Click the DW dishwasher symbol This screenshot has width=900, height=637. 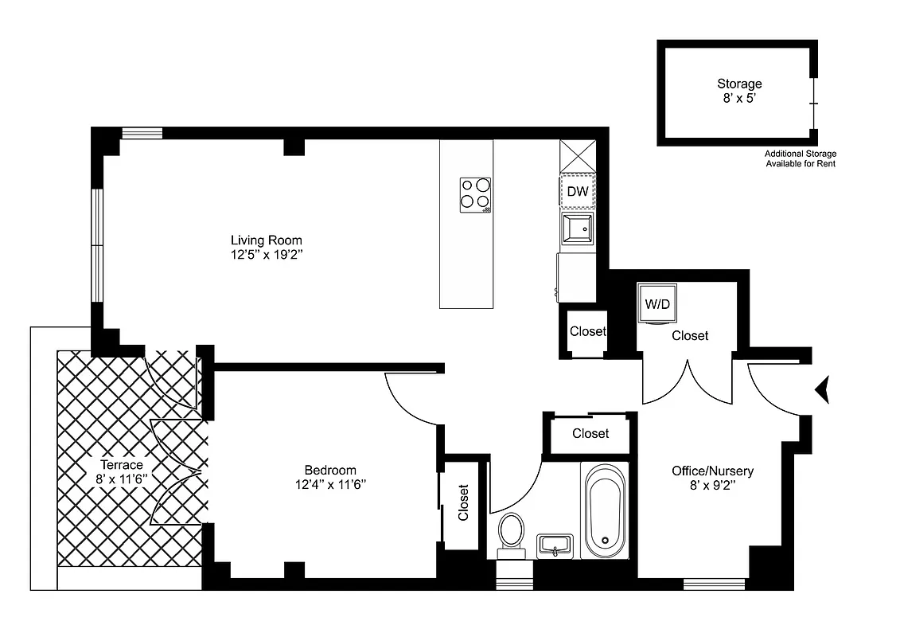(x=577, y=192)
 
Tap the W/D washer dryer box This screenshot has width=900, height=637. (x=656, y=303)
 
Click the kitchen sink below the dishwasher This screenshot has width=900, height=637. (x=577, y=229)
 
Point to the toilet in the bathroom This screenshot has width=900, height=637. (x=510, y=533)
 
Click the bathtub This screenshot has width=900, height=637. (x=604, y=510)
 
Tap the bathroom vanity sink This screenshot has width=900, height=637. (x=555, y=546)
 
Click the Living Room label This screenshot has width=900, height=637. (x=267, y=240)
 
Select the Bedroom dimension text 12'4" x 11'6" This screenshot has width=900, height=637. (x=330, y=483)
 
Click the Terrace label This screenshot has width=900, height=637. (x=121, y=465)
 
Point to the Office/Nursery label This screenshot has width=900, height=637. (x=712, y=471)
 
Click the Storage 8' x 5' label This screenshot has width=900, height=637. (x=739, y=91)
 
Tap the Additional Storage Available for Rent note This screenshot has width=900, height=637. (x=800, y=158)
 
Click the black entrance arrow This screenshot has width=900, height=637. (x=822, y=389)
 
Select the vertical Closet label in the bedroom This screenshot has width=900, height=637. (x=463, y=503)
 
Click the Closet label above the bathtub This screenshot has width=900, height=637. (x=590, y=433)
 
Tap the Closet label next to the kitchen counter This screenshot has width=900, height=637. (x=587, y=331)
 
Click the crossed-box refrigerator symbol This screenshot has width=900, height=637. (x=577, y=155)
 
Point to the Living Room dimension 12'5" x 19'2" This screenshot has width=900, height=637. (x=267, y=255)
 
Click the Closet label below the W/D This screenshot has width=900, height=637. (x=690, y=336)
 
